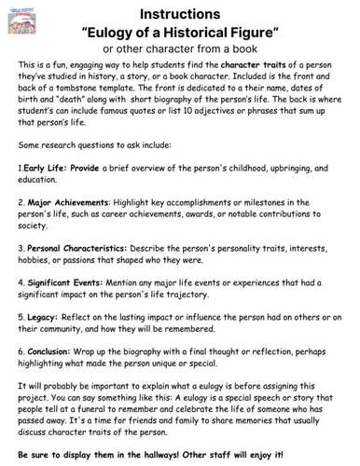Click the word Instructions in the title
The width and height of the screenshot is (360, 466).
pos(180,14)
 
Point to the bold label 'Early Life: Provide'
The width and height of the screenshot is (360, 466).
pos(56,169)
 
